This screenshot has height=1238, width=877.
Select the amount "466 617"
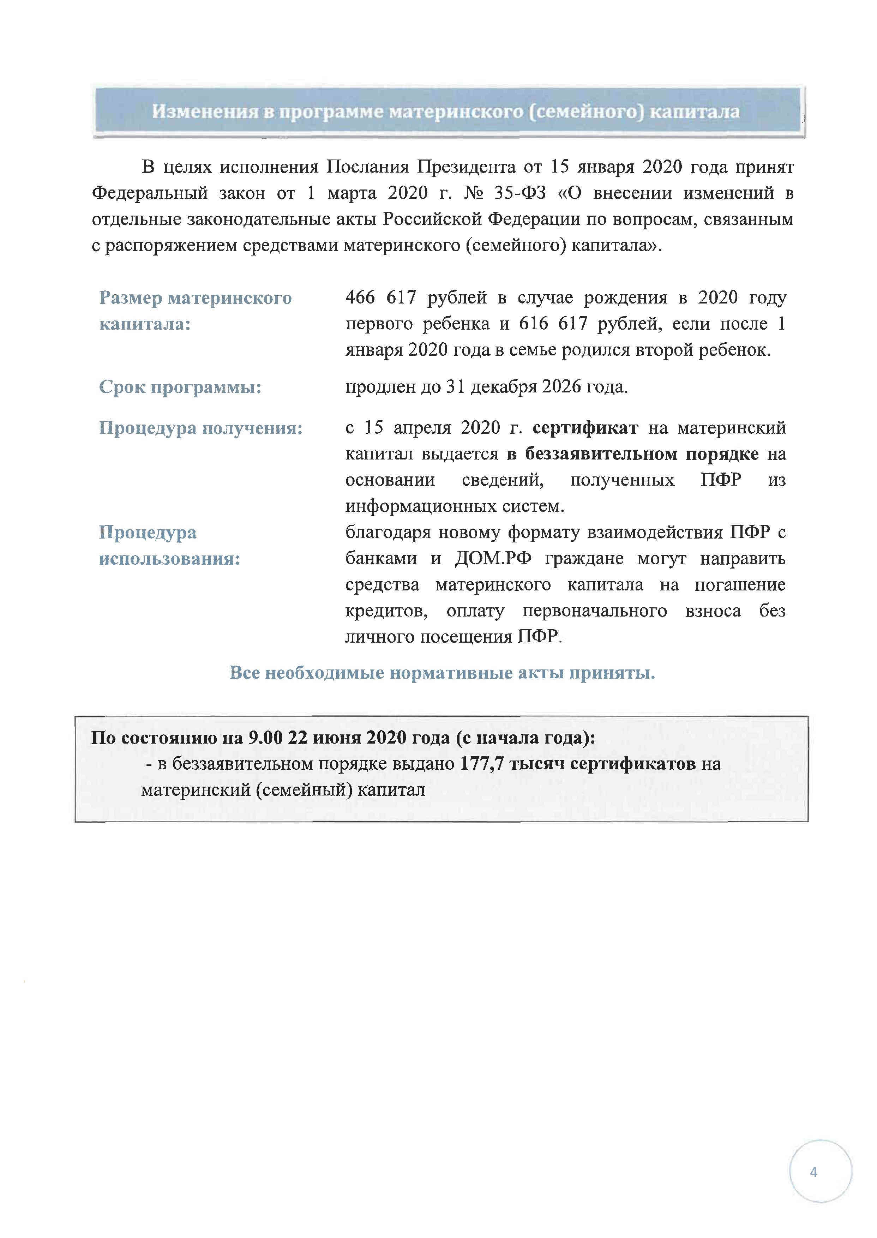click(381, 298)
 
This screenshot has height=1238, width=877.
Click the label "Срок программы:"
click(180, 387)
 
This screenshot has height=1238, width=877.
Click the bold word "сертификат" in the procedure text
click(585, 428)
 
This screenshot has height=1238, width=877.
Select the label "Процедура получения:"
click(200, 428)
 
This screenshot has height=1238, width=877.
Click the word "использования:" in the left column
click(169, 558)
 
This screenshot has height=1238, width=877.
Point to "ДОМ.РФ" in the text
click(493, 558)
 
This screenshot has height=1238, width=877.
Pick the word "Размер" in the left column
click(130, 298)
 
